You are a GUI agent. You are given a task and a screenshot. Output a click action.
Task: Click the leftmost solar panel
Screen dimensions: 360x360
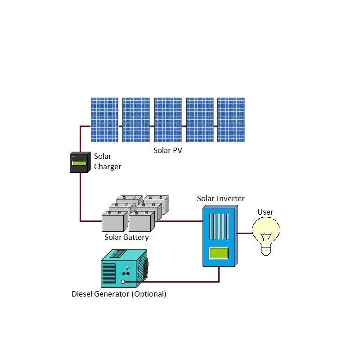point(104,120)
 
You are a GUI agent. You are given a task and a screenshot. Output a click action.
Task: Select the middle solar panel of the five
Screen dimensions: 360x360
point(168,120)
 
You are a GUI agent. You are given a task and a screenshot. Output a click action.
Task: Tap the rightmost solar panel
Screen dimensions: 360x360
point(231,120)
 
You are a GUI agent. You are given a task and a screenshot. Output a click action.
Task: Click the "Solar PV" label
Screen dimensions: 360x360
point(168,150)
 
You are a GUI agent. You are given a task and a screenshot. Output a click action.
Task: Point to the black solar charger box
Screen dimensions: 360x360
point(80,163)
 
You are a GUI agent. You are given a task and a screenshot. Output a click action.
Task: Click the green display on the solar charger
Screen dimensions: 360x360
point(80,163)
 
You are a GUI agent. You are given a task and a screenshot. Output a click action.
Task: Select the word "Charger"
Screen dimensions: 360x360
point(108,167)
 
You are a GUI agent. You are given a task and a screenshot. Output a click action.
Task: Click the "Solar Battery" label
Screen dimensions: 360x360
point(126,237)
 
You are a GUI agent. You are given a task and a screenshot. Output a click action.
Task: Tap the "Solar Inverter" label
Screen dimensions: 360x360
point(221,198)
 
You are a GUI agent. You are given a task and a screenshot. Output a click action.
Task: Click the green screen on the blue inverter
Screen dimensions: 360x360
point(218,253)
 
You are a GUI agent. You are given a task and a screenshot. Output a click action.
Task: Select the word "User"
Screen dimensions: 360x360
point(265,212)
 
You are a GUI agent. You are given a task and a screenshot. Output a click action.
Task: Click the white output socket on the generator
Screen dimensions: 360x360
point(123,282)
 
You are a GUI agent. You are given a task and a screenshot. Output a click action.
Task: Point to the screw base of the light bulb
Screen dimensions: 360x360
point(266,249)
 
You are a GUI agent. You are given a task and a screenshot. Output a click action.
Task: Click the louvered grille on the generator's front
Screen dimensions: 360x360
point(109,273)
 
